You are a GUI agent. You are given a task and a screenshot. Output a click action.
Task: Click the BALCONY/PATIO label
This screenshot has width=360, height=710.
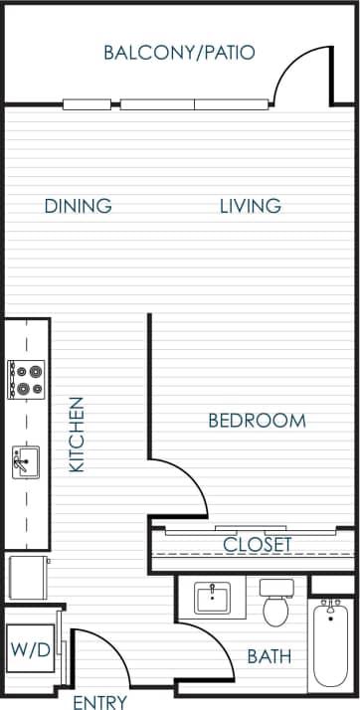(x=179, y=53)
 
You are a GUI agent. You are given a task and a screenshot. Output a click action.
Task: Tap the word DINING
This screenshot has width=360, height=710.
(x=78, y=207)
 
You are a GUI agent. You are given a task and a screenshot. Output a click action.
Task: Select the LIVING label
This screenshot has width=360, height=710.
(x=250, y=207)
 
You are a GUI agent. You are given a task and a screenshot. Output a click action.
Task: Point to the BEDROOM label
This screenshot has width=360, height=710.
(x=257, y=421)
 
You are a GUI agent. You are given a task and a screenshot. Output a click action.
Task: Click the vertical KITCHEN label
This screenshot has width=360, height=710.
(x=78, y=435)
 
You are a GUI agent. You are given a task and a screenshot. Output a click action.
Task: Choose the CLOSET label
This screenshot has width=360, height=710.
(x=258, y=544)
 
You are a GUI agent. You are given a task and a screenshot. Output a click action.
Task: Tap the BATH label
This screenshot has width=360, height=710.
(x=270, y=656)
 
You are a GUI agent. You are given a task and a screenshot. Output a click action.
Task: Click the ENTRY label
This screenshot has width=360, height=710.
(x=100, y=702)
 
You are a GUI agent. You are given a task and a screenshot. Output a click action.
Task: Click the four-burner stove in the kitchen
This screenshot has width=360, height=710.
(x=26, y=379)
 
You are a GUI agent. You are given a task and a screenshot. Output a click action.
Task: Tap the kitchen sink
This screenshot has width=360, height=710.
(x=25, y=462)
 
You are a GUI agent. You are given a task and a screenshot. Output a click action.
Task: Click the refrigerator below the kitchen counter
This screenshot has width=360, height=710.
(x=27, y=577)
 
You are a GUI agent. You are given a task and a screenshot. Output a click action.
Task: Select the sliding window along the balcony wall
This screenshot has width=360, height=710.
(x=165, y=102)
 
